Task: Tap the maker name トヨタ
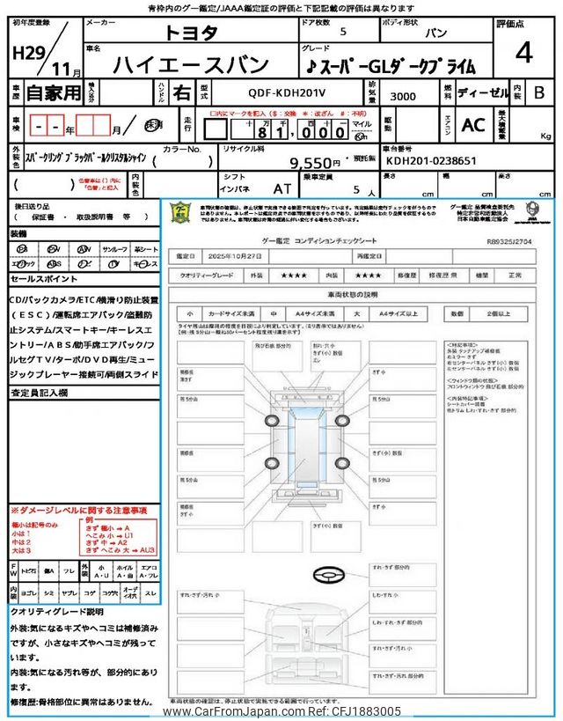click(x=193, y=33)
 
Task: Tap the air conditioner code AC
click(x=473, y=125)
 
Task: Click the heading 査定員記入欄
click(x=40, y=394)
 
